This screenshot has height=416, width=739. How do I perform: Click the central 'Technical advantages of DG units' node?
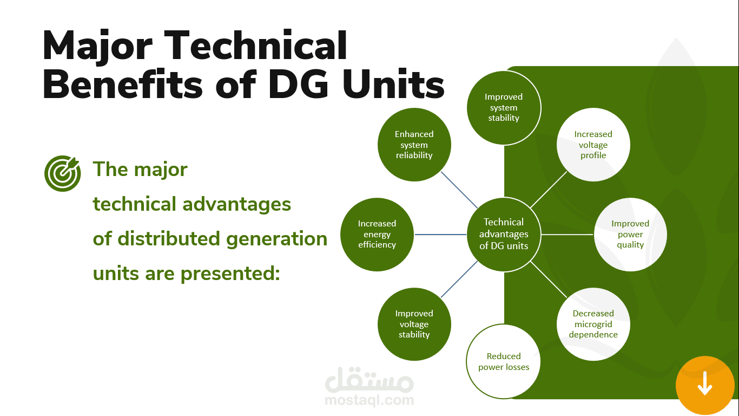point(504,234)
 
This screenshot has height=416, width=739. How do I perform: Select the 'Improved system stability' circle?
point(504,107)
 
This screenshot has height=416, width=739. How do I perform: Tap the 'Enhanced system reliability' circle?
point(414,145)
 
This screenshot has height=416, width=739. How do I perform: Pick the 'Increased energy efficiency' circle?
point(377,234)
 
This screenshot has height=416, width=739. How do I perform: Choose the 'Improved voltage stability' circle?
point(414,324)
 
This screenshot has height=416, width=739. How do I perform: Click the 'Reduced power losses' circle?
point(504,361)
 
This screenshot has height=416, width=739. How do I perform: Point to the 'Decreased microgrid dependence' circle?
point(593,324)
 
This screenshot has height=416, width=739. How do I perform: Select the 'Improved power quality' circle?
point(630,234)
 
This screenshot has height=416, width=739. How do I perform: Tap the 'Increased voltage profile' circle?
point(593,145)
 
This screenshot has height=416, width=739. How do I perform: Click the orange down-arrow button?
point(704,384)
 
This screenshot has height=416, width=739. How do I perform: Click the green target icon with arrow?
point(62,173)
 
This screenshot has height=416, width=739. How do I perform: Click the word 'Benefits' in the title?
point(122,84)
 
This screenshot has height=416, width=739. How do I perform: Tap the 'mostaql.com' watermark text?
point(369,401)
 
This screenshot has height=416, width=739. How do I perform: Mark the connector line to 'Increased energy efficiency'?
point(440,235)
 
